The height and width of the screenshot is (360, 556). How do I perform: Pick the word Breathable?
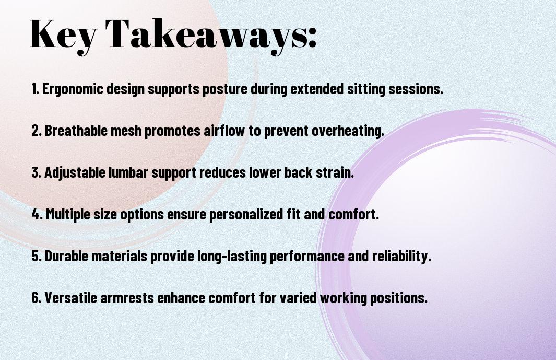point(76,131)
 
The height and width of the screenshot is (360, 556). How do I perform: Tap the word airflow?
point(224,131)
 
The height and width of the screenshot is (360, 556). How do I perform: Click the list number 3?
point(36,172)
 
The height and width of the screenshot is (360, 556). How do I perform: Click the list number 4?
point(37,214)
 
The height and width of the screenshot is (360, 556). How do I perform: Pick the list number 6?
point(36,298)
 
